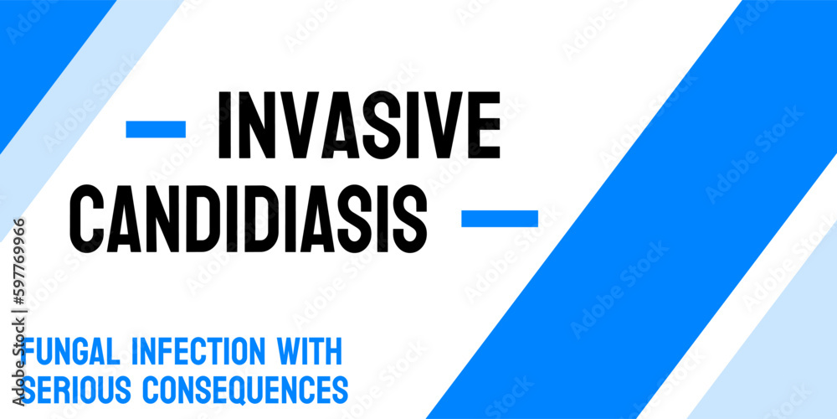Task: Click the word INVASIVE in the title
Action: pos(359,127)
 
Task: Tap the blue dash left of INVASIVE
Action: pos(156,129)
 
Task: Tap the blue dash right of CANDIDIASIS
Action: pos(500,219)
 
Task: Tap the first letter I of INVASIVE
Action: pos(224,127)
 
